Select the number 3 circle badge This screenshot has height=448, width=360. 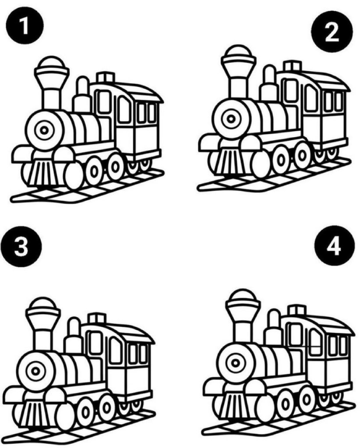(x=21, y=246)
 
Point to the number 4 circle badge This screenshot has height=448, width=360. (x=334, y=245)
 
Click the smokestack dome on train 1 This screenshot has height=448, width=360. (x=52, y=62)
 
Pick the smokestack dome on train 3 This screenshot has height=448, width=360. (x=43, y=304)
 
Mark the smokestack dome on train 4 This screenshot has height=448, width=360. (x=243, y=295)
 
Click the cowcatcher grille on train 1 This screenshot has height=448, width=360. (x=43, y=172)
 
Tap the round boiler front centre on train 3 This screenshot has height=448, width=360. (x=35, y=371)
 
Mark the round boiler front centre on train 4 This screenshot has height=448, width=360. (x=236, y=363)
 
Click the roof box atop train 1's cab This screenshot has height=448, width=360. (x=106, y=77)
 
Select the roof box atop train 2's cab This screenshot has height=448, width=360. (x=293, y=66)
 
